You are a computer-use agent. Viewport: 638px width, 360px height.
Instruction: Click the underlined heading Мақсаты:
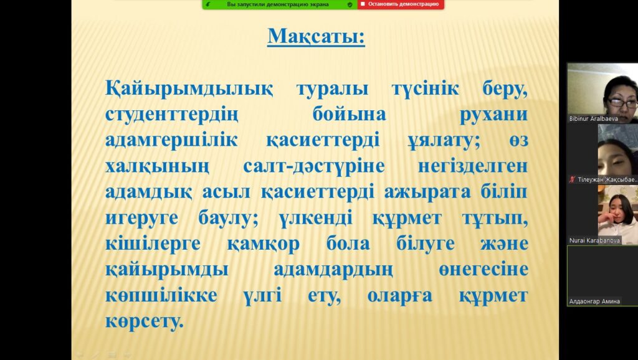(316, 36)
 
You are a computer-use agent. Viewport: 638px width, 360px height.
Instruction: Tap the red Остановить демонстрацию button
(401, 4)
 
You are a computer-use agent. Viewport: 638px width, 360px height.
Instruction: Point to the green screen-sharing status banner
(280, 4)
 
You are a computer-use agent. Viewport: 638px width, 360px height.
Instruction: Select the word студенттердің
(172, 115)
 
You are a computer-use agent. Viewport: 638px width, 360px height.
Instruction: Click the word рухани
(493, 115)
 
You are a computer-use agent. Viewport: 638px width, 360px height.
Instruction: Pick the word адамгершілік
(171, 141)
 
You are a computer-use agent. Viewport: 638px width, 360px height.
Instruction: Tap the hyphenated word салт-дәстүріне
(314, 166)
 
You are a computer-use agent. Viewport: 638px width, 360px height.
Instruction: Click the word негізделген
(473, 166)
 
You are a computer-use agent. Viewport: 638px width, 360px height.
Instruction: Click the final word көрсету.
(145, 322)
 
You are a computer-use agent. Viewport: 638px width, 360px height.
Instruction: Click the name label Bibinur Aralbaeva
(594, 119)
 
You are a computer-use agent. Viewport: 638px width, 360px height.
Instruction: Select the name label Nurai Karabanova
(594, 240)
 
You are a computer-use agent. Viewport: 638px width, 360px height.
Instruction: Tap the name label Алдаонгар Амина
(594, 301)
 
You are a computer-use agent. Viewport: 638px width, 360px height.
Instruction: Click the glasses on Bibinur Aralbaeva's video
(622, 103)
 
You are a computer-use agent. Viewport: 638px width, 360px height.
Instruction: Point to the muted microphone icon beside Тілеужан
(572, 179)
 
